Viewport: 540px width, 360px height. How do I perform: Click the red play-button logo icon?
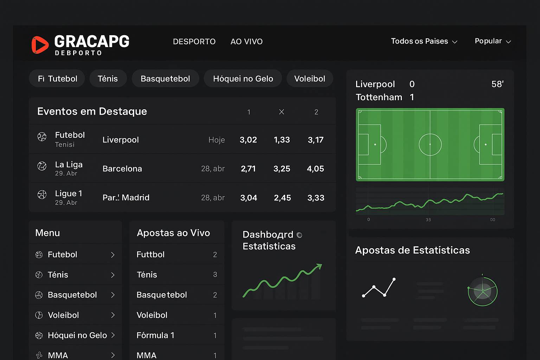click(40, 45)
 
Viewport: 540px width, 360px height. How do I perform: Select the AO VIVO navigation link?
click(246, 41)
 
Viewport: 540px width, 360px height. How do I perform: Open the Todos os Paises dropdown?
click(424, 41)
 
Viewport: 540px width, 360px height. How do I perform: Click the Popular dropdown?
click(493, 41)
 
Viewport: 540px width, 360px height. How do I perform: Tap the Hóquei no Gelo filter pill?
click(243, 78)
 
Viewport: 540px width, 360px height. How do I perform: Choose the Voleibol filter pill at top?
click(309, 78)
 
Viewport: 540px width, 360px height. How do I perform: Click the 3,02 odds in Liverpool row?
click(248, 140)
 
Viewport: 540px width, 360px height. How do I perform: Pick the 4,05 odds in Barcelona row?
click(315, 169)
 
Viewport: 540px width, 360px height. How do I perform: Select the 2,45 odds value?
click(282, 198)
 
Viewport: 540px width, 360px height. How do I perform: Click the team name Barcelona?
click(122, 169)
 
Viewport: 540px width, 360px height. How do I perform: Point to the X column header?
click(281, 112)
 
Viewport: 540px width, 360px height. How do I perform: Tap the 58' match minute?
click(497, 84)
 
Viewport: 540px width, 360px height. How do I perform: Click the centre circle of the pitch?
click(430, 144)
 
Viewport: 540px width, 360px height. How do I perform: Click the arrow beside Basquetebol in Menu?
click(113, 295)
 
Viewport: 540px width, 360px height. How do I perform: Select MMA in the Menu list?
click(58, 355)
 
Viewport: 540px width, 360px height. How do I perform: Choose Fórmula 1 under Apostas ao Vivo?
click(155, 335)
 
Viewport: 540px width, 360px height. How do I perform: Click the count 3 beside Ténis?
click(215, 275)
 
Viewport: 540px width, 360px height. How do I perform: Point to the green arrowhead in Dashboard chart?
click(319, 266)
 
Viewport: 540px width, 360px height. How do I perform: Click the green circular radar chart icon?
click(482, 291)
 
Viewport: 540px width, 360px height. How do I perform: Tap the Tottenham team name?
click(379, 97)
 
